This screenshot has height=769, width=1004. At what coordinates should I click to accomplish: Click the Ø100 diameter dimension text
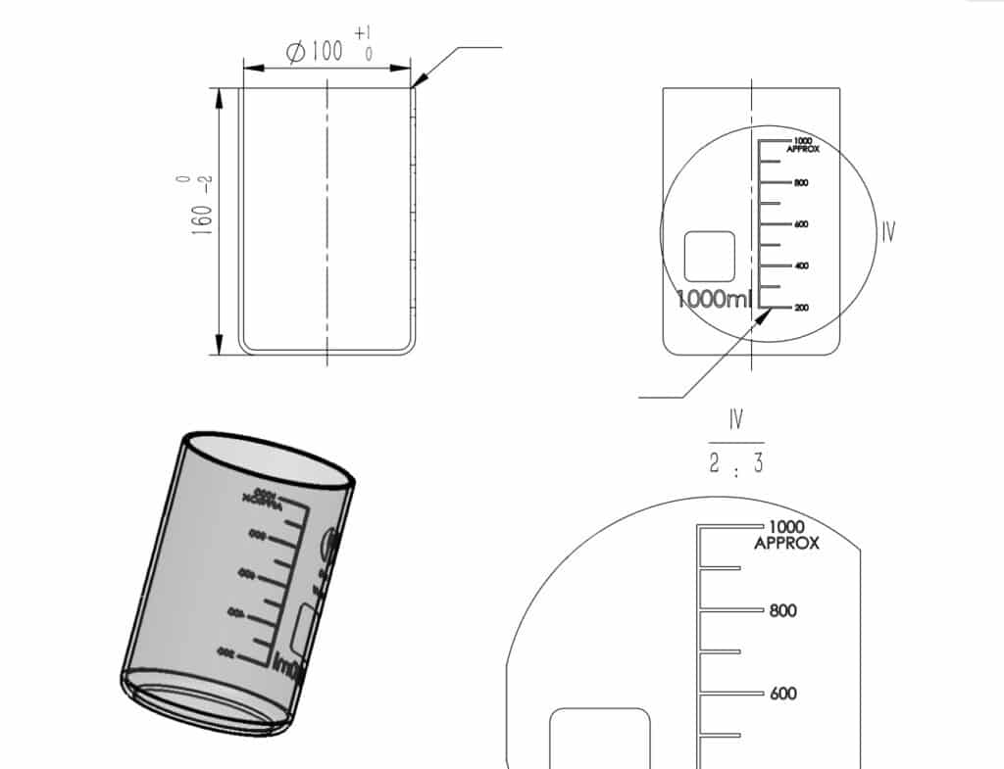316,51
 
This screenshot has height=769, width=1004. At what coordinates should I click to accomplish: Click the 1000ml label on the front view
715,299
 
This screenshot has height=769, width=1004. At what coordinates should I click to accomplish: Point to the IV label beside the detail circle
887,232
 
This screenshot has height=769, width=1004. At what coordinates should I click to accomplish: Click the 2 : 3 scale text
735,464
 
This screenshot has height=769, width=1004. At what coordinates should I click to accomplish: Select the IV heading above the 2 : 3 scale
735,420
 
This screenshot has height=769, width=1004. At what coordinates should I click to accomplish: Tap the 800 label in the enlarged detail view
783,611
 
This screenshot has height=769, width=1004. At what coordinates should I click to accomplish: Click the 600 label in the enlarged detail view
783,695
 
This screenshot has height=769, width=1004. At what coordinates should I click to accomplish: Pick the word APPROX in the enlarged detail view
786,544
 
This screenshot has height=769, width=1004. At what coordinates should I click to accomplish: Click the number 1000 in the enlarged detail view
786,527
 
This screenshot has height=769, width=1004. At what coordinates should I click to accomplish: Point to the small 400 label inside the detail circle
801,266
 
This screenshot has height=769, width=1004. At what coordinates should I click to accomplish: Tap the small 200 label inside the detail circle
801,309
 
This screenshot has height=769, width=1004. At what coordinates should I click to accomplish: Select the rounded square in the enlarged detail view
600,740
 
